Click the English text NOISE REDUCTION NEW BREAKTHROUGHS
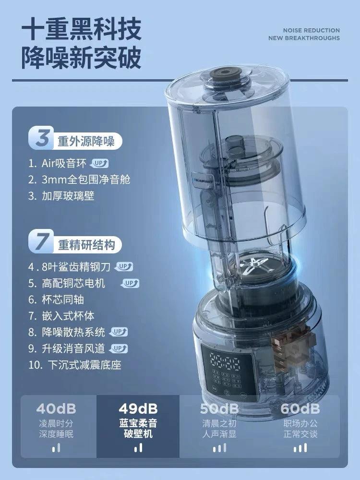[311, 34]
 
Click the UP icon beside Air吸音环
[100, 163]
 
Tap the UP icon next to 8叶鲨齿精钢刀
[123, 266]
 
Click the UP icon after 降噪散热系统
[119, 332]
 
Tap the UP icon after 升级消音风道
[119, 348]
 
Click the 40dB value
[56, 409]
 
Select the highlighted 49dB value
[138, 409]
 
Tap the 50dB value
[219, 409]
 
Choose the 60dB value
[300, 409]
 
